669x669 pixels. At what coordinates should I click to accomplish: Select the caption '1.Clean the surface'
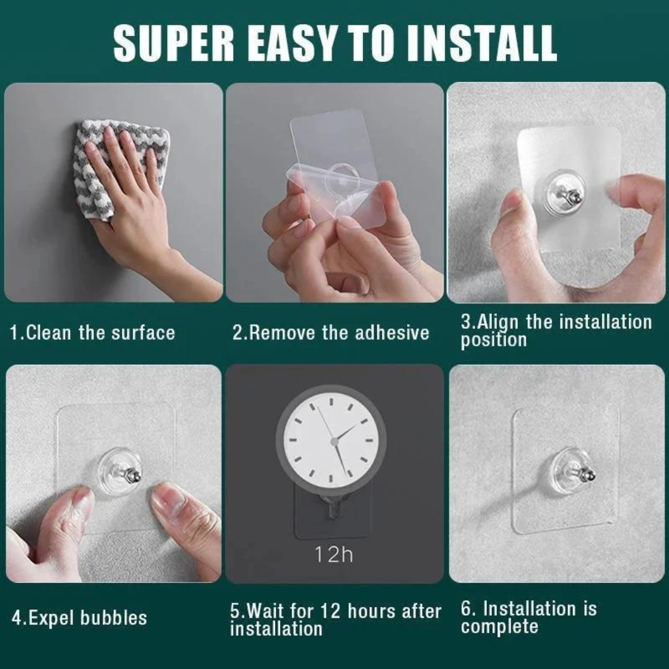92,333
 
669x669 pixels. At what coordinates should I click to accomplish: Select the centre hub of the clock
334,441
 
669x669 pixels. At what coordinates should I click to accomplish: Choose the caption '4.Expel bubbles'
79,618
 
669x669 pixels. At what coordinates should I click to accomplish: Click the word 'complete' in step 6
499,626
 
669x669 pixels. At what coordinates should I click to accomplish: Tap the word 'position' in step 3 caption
494,339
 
